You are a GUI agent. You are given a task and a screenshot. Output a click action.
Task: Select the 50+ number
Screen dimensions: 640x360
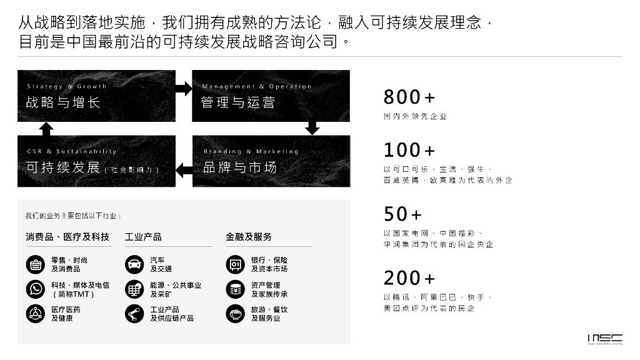(x=402, y=214)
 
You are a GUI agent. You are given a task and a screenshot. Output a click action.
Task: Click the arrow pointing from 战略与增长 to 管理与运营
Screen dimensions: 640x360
(x=184, y=88)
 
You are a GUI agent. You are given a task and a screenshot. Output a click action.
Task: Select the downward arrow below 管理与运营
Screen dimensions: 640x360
(x=312, y=128)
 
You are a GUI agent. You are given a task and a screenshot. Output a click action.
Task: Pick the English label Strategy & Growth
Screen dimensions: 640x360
(x=67, y=86)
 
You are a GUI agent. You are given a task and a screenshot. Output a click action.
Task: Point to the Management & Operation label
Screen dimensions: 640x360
(x=256, y=86)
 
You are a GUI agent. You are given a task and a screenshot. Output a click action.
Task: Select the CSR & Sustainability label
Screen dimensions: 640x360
(x=72, y=151)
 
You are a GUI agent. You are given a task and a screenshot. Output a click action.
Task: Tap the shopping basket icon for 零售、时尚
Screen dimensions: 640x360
(x=35, y=264)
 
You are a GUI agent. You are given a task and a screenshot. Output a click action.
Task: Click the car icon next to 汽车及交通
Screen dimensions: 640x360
(x=134, y=264)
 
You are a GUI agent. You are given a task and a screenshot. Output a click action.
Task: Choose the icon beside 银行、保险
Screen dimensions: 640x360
(x=235, y=264)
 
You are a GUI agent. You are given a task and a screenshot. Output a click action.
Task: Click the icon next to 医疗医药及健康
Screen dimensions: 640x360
(x=35, y=314)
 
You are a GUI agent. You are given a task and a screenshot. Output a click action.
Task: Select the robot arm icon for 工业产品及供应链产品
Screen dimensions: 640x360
(x=134, y=314)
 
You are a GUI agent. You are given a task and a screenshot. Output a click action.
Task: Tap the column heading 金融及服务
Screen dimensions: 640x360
(x=249, y=237)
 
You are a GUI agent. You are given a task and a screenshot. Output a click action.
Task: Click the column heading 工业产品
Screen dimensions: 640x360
(x=143, y=237)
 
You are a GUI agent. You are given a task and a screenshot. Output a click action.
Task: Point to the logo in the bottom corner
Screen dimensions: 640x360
(x=604, y=338)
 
